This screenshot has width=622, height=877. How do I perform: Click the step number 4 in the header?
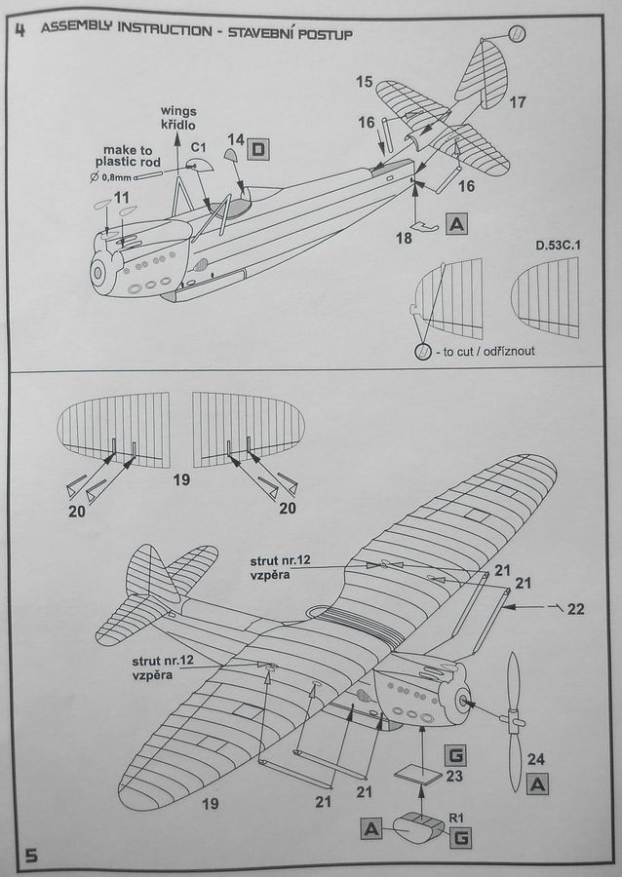[x=21, y=29]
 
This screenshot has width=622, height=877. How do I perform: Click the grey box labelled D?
[x=259, y=149]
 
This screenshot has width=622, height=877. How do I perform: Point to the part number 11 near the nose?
[x=121, y=198]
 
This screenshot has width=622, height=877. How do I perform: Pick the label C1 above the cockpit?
[x=198, y=146]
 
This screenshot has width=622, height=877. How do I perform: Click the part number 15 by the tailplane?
[x=364, y=82]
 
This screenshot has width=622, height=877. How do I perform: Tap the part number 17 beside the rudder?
[x=517, y=101]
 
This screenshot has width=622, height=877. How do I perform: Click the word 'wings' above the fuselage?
[x=178, y=112]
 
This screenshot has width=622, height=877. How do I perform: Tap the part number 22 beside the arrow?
[x=576, y=609]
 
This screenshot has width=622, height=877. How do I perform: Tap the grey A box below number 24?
[x=537, y=785]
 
